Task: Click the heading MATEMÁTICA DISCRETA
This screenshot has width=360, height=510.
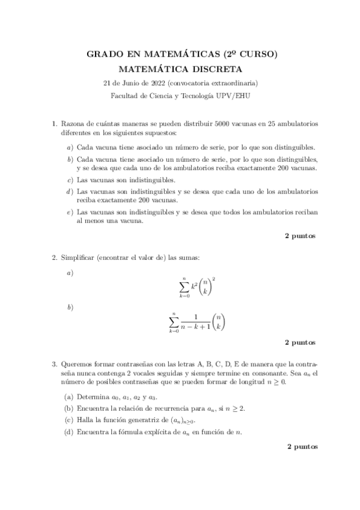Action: tap(181, 69)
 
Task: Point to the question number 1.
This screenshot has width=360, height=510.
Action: tap(54, 123)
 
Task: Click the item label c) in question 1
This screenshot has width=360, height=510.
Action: tap(70, 180)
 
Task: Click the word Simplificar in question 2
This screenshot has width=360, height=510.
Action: tap(78, 258)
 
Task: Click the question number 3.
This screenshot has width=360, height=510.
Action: tap(54, 364)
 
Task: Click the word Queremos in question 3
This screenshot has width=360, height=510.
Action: tap(76, 364)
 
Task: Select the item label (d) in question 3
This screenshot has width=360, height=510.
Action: tap(69, 431)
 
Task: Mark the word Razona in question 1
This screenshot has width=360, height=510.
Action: tap(72, 123)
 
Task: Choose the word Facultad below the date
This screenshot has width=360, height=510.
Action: tap(125, 95)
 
